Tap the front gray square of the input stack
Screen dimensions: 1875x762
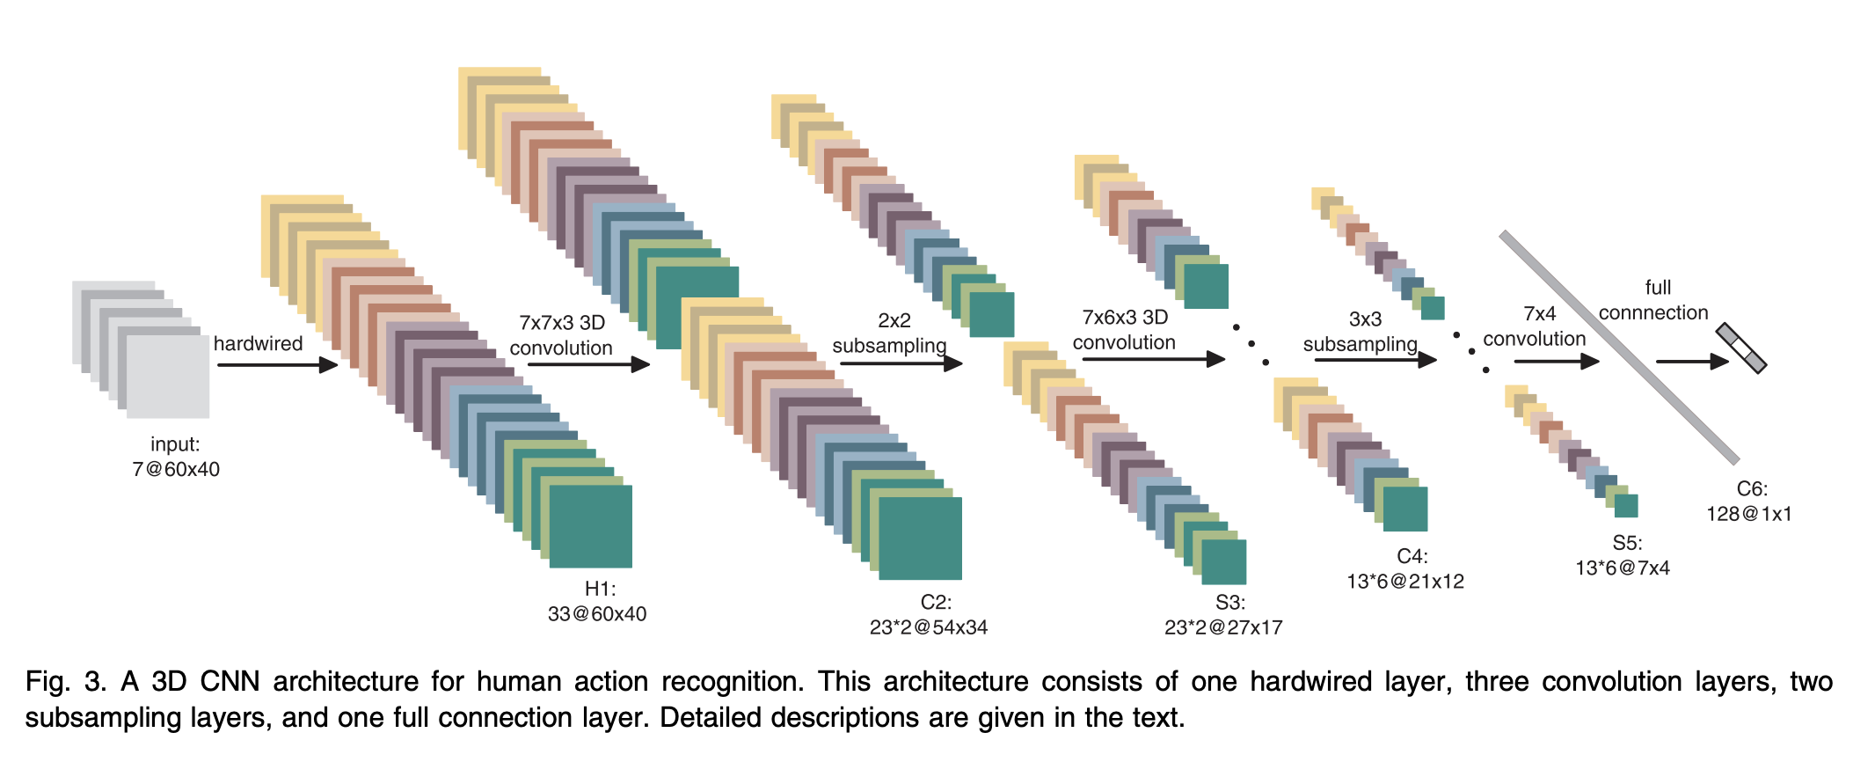[168, 377]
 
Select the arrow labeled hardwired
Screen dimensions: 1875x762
[278, 364]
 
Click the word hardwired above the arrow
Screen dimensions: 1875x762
[258, 343]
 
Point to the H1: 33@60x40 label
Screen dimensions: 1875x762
[597, 601]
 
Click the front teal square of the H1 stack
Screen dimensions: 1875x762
[591, 526]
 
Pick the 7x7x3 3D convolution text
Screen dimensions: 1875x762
[561, 335]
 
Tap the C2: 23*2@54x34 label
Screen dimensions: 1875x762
[929, 614]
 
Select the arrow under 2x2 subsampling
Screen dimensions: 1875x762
[901, 363]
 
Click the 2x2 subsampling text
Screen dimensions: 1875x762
[890, 333]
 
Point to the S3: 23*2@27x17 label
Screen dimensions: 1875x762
[1223, 614]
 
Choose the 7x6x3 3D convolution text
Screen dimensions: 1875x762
[1125, 330]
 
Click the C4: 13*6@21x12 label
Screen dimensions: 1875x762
[1405, 568]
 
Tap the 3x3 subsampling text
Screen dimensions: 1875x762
[1361, 332]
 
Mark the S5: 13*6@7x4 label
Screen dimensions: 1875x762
[1623, 555]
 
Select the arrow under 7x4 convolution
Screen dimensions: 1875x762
[1557, 361]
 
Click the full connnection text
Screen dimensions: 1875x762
[1653, 300]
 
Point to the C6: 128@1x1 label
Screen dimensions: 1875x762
[1749, 502]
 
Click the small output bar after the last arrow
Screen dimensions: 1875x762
[1741, 348]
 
